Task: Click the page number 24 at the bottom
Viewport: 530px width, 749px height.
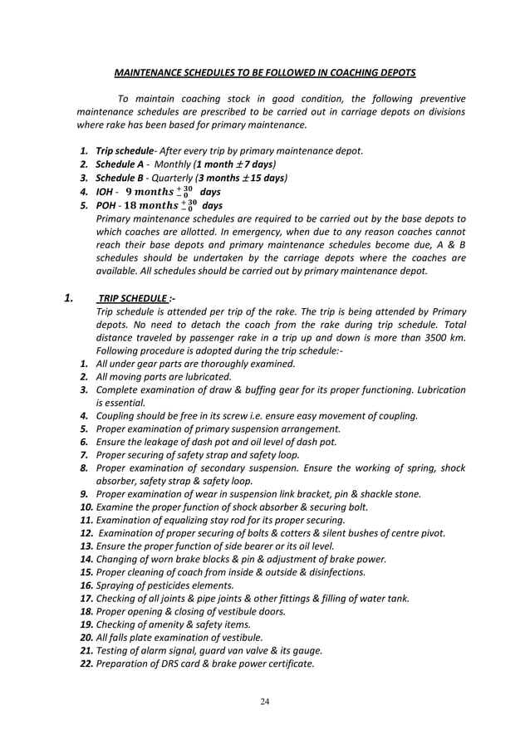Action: pos(265,702)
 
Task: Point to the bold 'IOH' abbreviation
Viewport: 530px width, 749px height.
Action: pos(106,192)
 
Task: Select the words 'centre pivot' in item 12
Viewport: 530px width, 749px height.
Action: pos(416,532)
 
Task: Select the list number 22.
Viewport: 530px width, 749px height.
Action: pos(86,663)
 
